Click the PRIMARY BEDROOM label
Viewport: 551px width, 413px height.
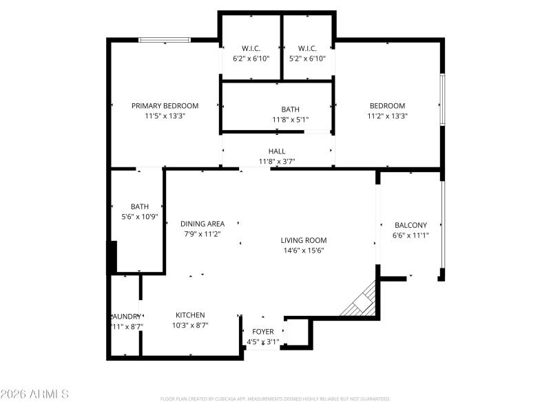pyautogui.click(x=165, y=105)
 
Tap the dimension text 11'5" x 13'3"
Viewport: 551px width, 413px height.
pyautogui.click(x=165, y=116)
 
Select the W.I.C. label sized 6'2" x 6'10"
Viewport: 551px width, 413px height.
pyautogui.click(x=251, y=48)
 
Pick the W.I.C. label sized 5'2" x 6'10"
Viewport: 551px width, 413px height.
pyautogui.click(x=307, y=48)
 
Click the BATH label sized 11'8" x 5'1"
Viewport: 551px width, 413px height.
pyautogui.click(x=290, y=109)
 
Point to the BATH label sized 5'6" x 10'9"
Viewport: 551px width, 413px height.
pyautogui.click(x=140, y=206)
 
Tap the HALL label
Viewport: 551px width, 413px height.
pyautogui.click(x=276, y=151)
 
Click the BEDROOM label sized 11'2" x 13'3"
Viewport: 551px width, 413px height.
pyautogui.click(x=387, y=105)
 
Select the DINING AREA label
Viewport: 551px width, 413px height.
pyautogui.click(x=202, y=224)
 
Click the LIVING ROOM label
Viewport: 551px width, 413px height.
pyautogui.click(x=303, y=240)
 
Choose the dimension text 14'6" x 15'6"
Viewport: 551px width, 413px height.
pyautogui.click(x=303, y=251)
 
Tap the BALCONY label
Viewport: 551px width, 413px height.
pyautogui.click(x=410, y=225)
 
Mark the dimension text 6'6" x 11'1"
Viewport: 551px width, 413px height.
pyautogui.click(x=410, y=235)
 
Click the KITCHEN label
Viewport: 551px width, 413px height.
pyautogui.click(x=190, y=315)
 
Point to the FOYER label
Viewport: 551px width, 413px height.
pyautogui.click(x=262, y=332)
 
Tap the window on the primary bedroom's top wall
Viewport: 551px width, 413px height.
pyautogui.click(x=165, y=40)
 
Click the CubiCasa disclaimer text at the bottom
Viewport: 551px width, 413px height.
pyautogui.click(x=275, y=399)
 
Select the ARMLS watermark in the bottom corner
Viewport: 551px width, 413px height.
pyautogui.click(x=34, y=394)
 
